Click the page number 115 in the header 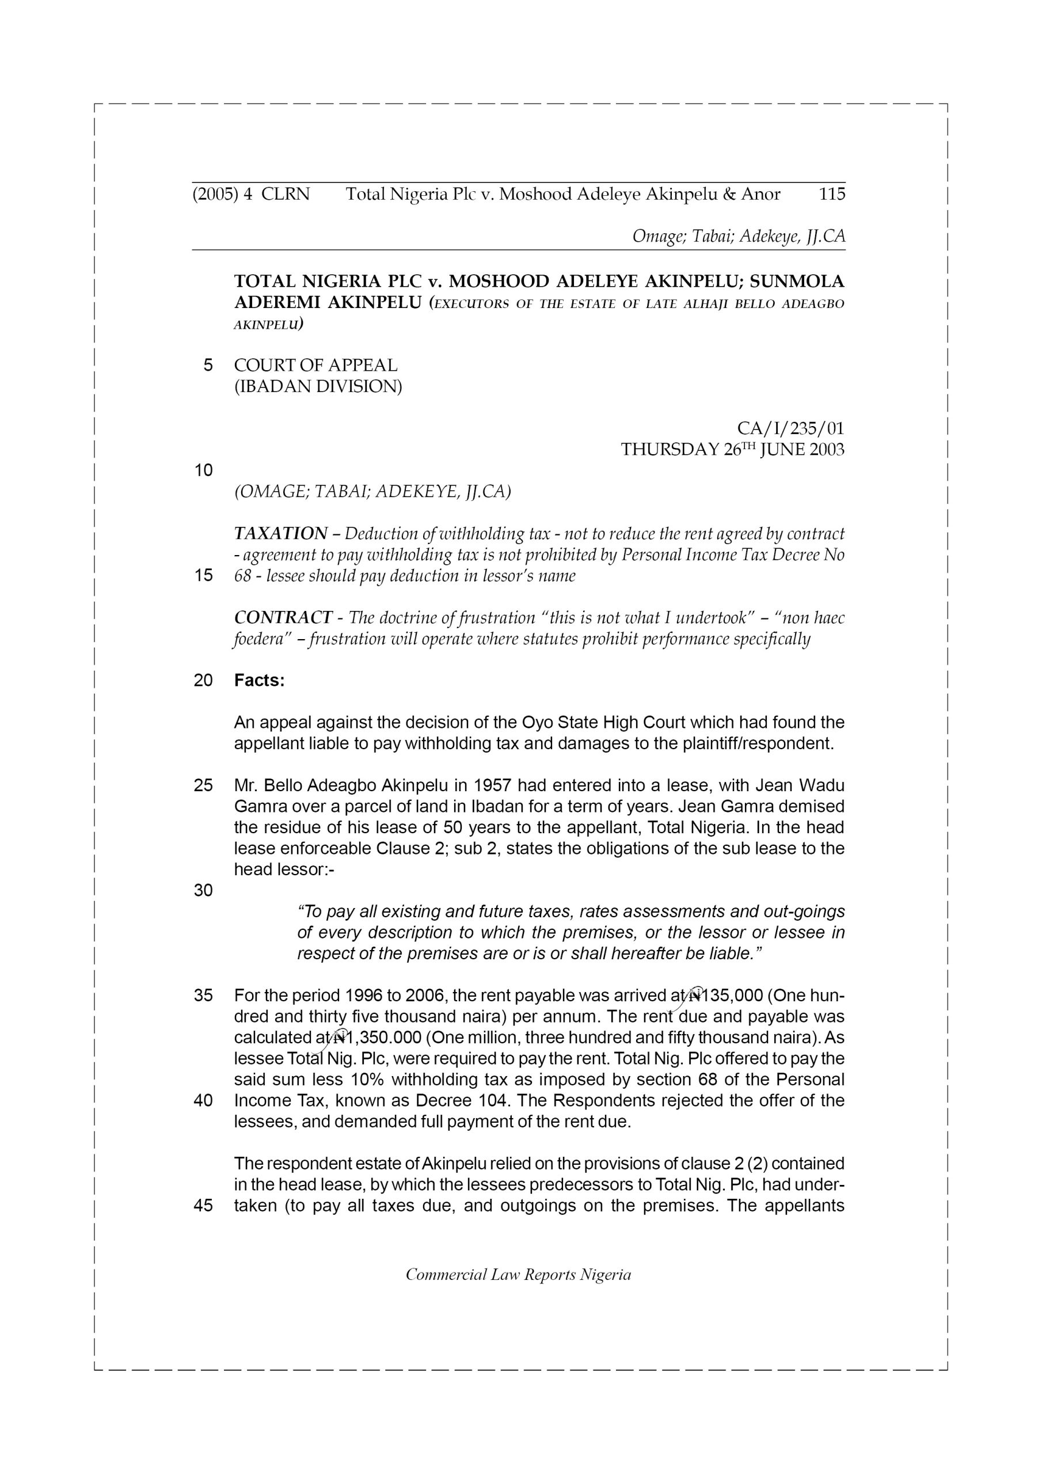click(831, 194)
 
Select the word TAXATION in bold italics click(280, 534)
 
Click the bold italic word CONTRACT click(283, 618)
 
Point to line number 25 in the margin click(203, 786)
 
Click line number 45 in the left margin click(203, 1206)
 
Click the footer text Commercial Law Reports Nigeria click(518, 1274)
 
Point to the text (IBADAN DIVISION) click(318, 386)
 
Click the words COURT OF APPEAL click(315, 365)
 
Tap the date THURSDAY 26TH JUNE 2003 click(732, 449)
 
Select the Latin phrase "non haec click(809, 618)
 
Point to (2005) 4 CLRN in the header click(251, 194)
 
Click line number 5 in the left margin click(207, 365)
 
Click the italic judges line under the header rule click(739, 236)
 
